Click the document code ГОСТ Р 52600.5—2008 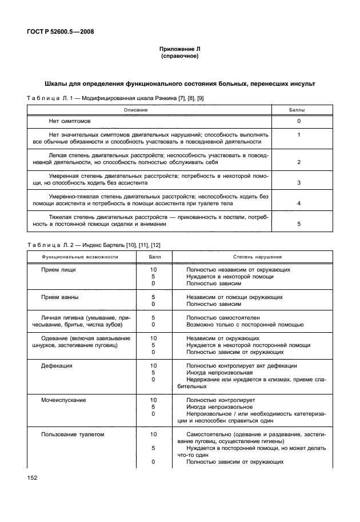point(59,32)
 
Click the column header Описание point(136,109)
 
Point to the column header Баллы point(298,109)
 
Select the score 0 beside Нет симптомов point(298,121)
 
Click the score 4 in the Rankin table point(298,204)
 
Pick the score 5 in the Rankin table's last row point(298,224)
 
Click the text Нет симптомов point(70,121)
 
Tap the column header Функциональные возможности point(79,257)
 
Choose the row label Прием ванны point(59,297)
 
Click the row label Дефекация point(57,365)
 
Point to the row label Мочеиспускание point(63,400)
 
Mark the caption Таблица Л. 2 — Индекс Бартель point(94,245)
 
